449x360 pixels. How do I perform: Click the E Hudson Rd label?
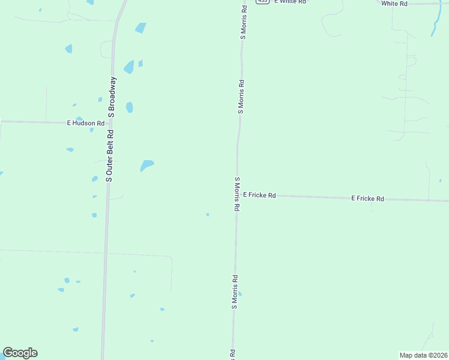click(x=86, y=123)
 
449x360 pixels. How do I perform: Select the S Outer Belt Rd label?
click(x=109, y=154)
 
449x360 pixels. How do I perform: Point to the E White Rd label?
click(x=290, y=2)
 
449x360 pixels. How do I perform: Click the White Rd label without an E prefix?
click(x=394, y=4)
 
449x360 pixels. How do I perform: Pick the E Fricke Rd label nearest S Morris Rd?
click(x=259, y=195)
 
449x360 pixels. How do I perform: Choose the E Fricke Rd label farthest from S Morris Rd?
click(x=367, y=198)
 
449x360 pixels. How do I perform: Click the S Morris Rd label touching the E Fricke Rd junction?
click(x=237, y=194)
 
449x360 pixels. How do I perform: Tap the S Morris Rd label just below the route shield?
click(x=244, y=22)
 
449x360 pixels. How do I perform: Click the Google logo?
click(x=20, y=353)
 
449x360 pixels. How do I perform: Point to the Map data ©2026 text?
click(x=424, y=355)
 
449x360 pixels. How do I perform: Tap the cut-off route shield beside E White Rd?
click(x=262, y=2)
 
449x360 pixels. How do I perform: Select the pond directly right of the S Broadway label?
click(x=129, y=107)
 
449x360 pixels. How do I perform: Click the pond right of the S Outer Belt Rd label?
click(x=147, y=164)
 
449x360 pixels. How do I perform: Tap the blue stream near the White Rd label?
click(x=435, y=24)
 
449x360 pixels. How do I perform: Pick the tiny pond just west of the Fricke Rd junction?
click(x=208, y=214)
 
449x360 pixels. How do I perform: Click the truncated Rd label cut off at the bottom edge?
click(x=231, y=355)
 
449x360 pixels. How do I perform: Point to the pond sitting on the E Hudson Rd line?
click(x=91, y=129)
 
